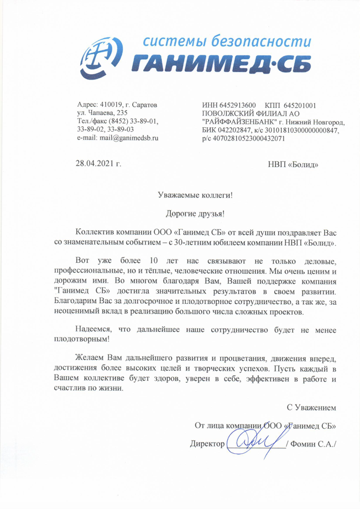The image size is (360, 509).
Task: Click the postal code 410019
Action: [110, 105]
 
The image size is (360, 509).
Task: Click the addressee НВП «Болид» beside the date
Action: [293, 164]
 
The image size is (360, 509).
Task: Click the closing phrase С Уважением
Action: [311, 408]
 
